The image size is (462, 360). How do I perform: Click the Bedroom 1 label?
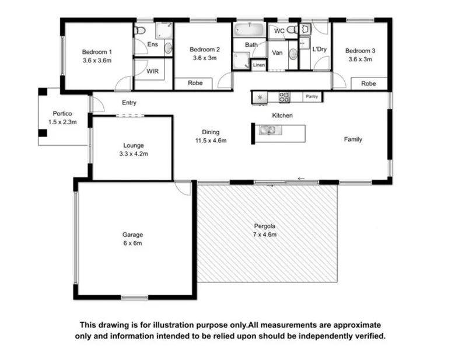point(97,51)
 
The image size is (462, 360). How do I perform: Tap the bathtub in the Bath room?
point(249,29)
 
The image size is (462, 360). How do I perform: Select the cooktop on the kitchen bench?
point(285,97)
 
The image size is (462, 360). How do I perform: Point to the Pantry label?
point(312,97)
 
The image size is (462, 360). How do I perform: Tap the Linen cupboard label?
point(259,65)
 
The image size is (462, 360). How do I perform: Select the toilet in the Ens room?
point(141,29)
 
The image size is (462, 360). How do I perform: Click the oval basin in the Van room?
point(294,54)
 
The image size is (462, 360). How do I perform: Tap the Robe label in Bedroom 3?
point(368,84)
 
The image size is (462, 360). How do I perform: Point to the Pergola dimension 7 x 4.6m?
point(264,234)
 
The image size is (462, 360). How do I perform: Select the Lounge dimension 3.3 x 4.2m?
point(133,154)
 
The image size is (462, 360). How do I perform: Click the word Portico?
point(62,114)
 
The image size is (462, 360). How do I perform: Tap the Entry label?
point(129,103)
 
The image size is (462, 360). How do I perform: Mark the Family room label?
point(353,139)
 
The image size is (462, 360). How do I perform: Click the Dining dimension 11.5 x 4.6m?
point(211,140)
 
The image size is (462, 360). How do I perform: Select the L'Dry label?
point(319,50)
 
